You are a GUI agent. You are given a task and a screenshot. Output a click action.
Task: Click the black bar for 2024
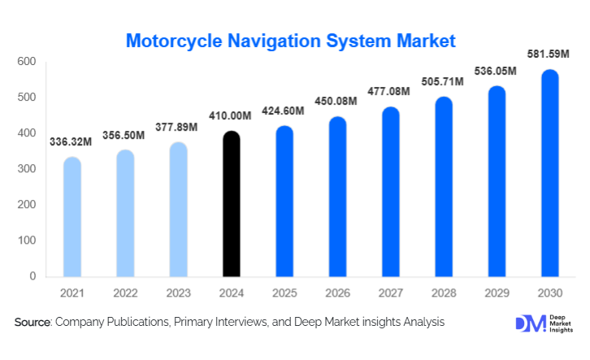pos(231,204)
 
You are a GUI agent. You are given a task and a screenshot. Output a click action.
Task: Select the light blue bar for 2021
pos(72,217)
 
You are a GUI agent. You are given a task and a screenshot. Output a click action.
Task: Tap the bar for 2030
pos(549,173)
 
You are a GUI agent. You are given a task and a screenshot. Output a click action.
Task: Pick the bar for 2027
pos(390,192)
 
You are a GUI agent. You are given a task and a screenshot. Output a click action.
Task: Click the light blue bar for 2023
pos(178,210)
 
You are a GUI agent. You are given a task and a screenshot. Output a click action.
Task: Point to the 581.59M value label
pos(550,57)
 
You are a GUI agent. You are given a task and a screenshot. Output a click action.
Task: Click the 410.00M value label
pos(232,117)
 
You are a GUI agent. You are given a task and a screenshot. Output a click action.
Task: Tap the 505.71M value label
pos(444,82)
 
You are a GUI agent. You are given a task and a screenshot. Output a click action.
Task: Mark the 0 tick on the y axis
pos(33,276)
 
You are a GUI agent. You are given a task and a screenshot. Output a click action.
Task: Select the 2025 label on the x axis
pos(284,292)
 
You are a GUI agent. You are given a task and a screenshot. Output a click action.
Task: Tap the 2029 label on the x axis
pos(497,292)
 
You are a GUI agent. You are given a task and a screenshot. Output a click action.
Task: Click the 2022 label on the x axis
pos(125,292)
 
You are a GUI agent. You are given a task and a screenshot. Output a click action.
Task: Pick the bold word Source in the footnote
pos(33,323)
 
